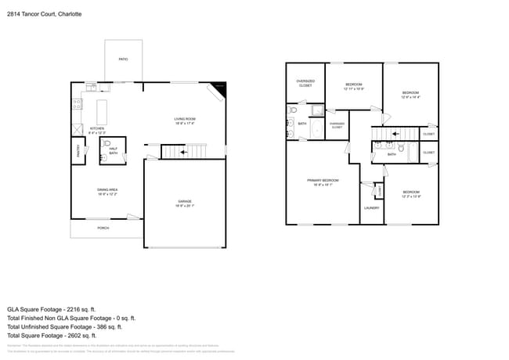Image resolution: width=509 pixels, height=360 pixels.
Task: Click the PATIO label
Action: (x=123, y=59)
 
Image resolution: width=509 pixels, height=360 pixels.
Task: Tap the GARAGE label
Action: (x=185, y=201)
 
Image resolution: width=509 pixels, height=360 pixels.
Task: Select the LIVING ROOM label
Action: (x=184, y=119)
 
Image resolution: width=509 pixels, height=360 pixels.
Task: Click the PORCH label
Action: (x=103, y=229)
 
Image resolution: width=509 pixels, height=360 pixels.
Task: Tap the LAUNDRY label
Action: (x=371, y=208)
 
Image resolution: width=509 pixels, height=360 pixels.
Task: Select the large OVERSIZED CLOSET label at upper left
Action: (x=305, y=81)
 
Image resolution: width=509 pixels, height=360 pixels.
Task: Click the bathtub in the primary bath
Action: (x=317, y=128)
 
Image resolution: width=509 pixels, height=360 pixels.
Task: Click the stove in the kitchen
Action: (x=78, y=102)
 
